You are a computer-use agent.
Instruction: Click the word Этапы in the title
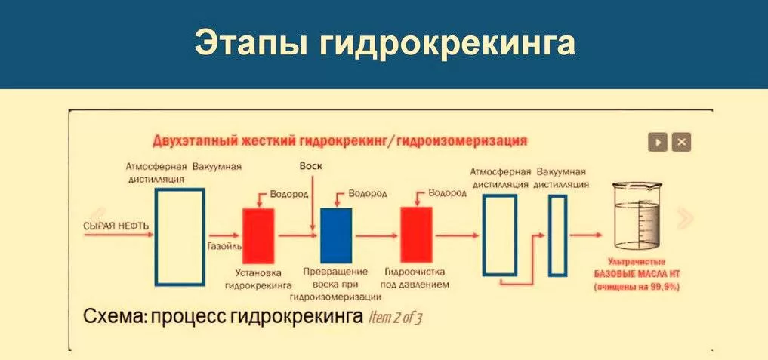tap(251, 43)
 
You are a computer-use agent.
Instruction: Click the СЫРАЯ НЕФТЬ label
tap(116, 226)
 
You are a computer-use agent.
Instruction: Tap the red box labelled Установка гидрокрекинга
tap(258, 235)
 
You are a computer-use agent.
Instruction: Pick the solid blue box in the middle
tap(336, 235)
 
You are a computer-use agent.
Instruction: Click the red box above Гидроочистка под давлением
tap(416, 235)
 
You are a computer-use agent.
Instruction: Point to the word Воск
tap(310, 166)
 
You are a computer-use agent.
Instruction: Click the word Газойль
tap(224, 246)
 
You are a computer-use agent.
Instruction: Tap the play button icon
tap(658, 143)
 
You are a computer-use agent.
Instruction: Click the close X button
tap(681, 143)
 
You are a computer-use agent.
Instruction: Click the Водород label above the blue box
tap(367, 193)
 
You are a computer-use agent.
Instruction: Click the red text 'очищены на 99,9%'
tap(637, 288)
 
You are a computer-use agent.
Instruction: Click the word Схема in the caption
tap(113, 317)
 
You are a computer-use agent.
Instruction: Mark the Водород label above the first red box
tap(289, 194)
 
